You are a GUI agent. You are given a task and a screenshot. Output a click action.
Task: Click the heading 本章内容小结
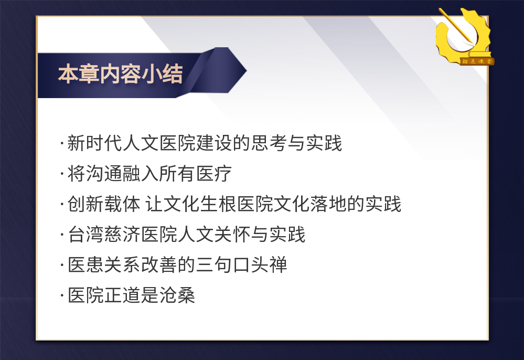pyautogui.click(x=120, y=74)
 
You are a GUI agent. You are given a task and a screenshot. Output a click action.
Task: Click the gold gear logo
pyautogui.click(x=464, y=36)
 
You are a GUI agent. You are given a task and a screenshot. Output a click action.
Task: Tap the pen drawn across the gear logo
pyautogui.click(x=456, y=26)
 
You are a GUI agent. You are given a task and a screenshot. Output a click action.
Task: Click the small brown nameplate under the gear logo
pyautogui.click(x=477, y=61)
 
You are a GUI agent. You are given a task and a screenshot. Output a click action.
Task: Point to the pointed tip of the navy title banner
pyautogui.click(x=247, y=70)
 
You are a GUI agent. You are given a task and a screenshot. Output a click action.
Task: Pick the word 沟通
pyautogui.click(x=104, y=174)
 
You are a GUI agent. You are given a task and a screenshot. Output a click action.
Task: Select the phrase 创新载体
pyautogui.click(x=104, y=204)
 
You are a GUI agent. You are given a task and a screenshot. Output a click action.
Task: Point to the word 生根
pyautogui.click(x=219, y=204)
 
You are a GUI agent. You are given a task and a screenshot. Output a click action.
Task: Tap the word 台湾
pyautogui.click(x=86, y=235)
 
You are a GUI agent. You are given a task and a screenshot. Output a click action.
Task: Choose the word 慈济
pyautogui.click(x=122, y=235)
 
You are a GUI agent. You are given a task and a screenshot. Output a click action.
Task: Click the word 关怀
pyautogui.click(x=232, y=235)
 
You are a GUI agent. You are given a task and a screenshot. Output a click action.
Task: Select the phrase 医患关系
pyautogui.click(x=104, y=264)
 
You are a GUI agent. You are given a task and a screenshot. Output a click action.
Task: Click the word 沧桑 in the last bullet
pyautogui.click(x=177, y=295)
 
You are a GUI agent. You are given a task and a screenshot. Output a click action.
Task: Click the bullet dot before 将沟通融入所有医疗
pyautogui.click(x=62, y=174)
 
